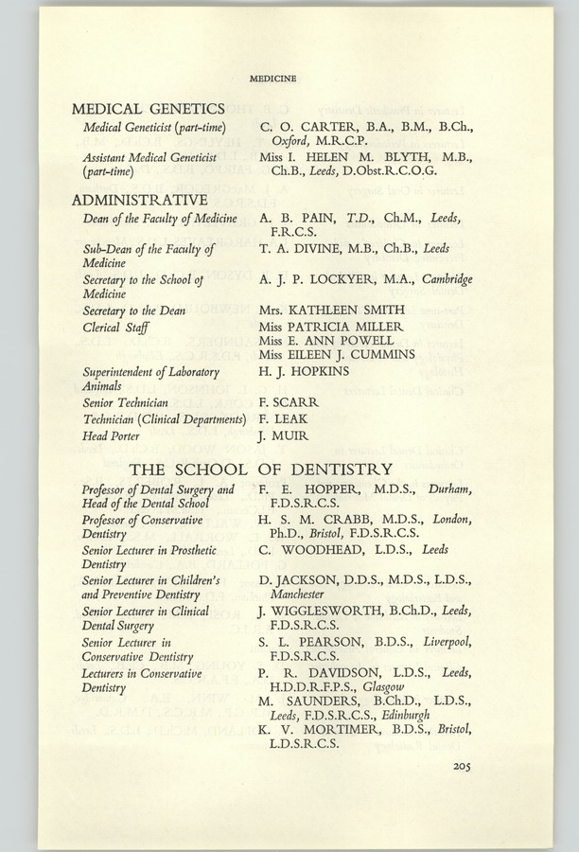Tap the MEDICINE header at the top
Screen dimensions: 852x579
click(x=272, y=78)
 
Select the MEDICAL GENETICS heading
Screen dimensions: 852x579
click(x=148, y=109)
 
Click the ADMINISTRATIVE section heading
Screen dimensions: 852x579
click(x=139, y=201)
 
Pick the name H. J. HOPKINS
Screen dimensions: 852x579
click(x=304, y=371)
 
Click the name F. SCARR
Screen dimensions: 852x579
click(x=288, y=402)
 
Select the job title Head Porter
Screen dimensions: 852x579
click(x=111, y=435)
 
